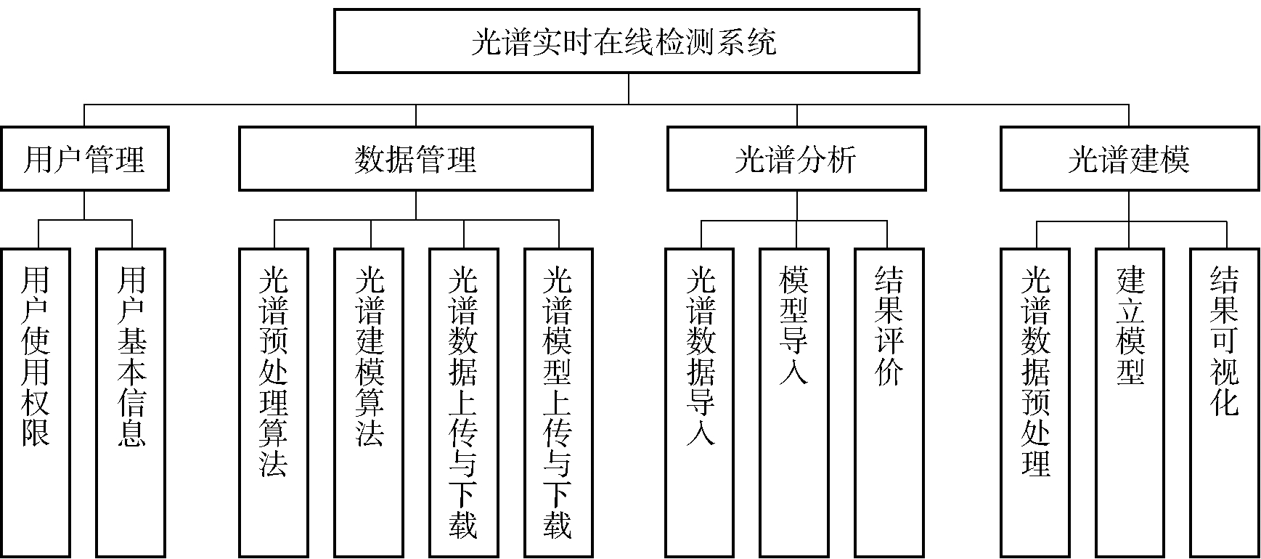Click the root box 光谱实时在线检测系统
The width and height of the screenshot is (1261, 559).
pos(627,41)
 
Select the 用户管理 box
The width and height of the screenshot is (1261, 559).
pos(84,159)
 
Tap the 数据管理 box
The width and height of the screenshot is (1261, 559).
pos(416,159)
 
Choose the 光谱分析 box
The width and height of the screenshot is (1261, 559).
pos(796,159)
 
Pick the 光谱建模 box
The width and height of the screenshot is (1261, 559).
pos(1129,159)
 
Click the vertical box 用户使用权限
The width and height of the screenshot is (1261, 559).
pos(36,403)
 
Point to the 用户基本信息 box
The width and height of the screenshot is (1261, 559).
pos(131,403)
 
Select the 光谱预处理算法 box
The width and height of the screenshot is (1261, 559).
pos(274,403)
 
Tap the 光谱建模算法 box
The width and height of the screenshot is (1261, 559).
pos(370,403)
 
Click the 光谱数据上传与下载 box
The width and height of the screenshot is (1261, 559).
pos(464,403)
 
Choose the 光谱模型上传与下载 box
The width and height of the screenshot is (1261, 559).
pos(558,403)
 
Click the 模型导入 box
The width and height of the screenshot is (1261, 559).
pos(794,403)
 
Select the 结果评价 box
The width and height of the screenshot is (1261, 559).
pos(889,403)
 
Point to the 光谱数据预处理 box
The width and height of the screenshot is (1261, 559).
pos(1035,403)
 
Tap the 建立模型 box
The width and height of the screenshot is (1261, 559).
pos(1130,403)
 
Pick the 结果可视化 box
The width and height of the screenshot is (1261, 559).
pos(1225,403)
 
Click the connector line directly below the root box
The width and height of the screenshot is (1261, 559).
pos(629,89)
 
